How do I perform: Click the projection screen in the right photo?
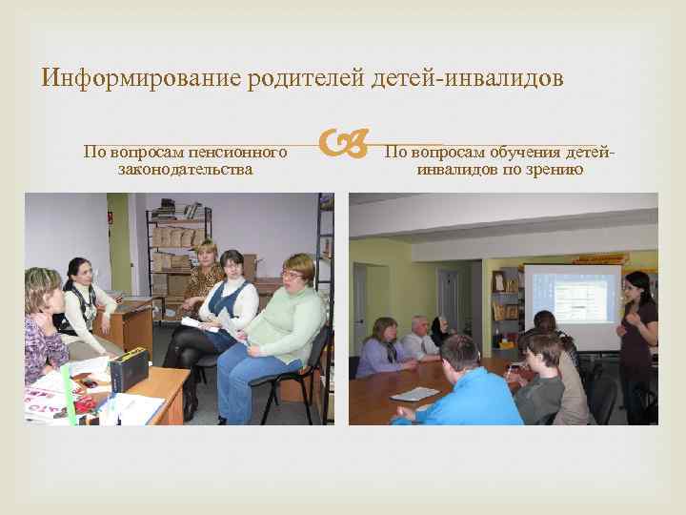click(573, 305)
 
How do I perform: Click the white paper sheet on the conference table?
click(414, 393)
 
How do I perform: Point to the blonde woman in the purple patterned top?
click(43, 329)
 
